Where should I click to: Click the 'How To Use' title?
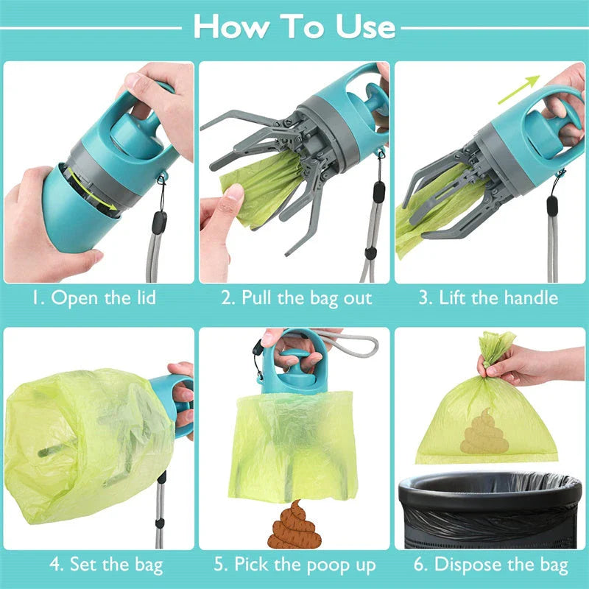pyautogui.click(x=294, y=27)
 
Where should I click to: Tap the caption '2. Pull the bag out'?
pyautogui.click(x=297, y=298)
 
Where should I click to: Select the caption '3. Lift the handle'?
pyautogui.click(x=489, y=298)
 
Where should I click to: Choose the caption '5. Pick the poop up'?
pyautogui.click(x=294, y=565)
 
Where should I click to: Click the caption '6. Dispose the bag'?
pyautogui.click(x=490, y=565)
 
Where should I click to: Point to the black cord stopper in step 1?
pyautogui.click(x=160, y=222)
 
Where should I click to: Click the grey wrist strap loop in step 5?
pyautogui.click(x=346, y=343)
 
